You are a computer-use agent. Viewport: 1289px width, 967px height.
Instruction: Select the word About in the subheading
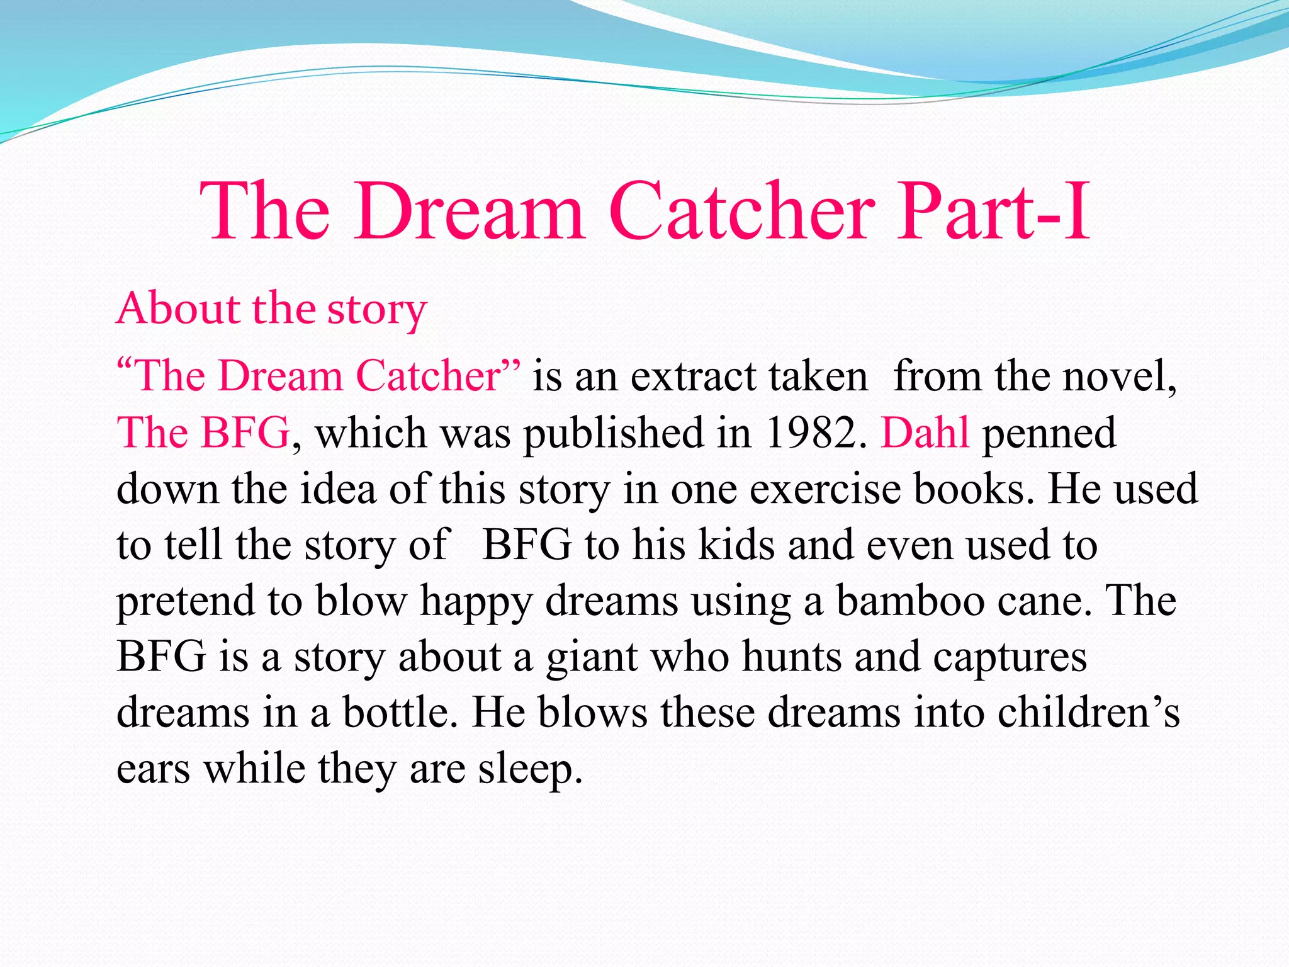178,308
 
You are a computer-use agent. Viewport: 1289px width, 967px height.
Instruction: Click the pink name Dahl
925,433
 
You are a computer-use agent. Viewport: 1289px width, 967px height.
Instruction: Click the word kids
736,545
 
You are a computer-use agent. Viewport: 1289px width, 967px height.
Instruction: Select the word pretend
185,601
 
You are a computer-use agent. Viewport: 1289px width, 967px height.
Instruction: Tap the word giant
592,657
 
